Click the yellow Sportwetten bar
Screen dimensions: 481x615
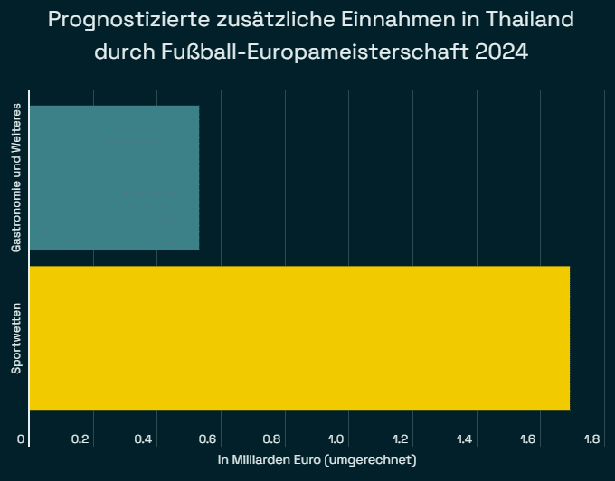pos(299,338)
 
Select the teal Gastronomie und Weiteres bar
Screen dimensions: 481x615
pos(114,177)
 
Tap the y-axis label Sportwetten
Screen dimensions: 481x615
pos(16,338)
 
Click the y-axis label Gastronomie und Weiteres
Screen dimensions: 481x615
pos(16,177)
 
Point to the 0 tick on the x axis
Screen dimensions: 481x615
pos(21,439)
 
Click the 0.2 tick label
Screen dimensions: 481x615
pos(81,439)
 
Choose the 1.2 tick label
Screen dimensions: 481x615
pos(401,439)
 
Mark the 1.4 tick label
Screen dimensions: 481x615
pos(465,439)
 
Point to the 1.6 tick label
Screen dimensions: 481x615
pos(529,439)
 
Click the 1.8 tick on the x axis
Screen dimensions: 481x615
pos(593,439)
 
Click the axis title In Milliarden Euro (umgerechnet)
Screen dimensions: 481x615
pos(317,460)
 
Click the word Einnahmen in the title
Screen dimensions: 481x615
pos(400,19)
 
